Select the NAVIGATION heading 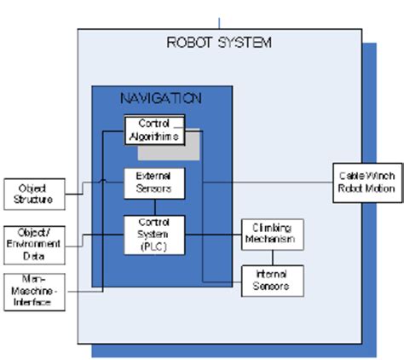coord(159,98)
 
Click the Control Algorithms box coord(154,130)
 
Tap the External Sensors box coord(154,182)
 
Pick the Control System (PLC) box coord(154,233)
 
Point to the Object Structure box coord(32,194)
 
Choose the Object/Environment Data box coord(32,238)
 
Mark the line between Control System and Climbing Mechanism coord(212,233)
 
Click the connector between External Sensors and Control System coord(154,206)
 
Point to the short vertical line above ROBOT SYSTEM coord(220,21)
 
